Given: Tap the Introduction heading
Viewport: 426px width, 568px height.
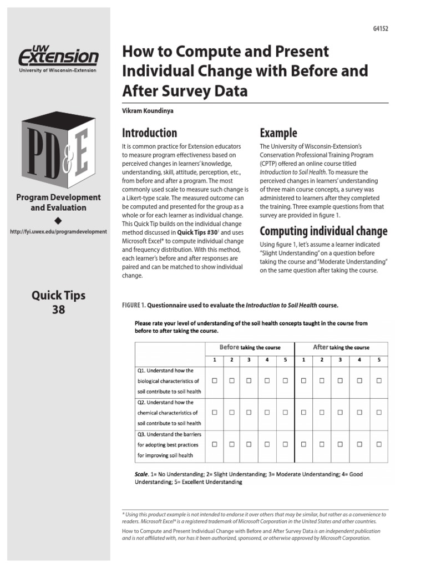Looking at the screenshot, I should click(x=149, y=133).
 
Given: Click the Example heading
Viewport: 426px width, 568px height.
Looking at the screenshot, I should click(x=278, y=133).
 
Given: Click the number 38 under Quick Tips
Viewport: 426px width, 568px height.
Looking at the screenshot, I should click(x=58, y=310).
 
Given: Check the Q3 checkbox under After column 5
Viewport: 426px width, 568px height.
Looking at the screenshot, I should click(x=379, y=444).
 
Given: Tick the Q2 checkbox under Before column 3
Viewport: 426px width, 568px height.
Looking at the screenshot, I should click(x=249, y=413).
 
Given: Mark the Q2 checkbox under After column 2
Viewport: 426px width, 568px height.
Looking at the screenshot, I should click(x=322, y=413).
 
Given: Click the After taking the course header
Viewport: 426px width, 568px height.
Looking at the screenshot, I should click(x=341, y=347).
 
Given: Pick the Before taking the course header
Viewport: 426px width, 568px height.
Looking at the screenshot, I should click(x=250, y=347).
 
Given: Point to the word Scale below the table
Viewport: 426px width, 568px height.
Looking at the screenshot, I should click(x=141, y=474).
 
